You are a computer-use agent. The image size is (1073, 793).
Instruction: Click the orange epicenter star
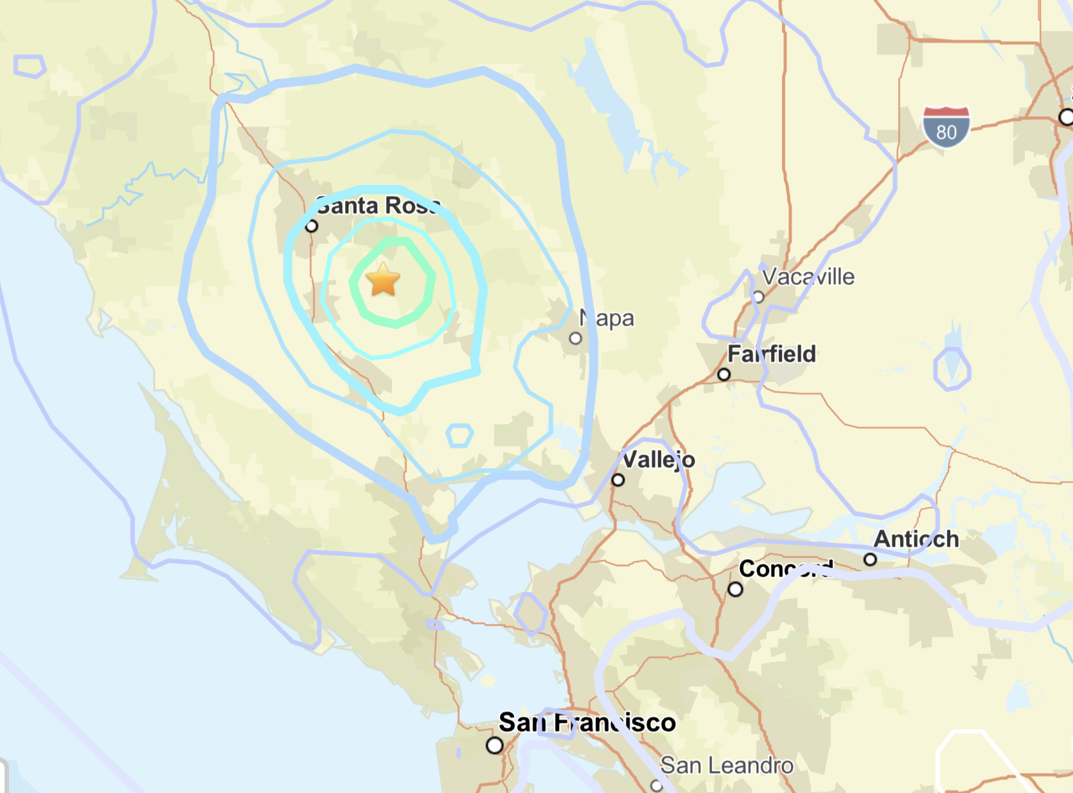(x=383, y=280)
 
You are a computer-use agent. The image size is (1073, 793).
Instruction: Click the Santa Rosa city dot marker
(x=312, y=226)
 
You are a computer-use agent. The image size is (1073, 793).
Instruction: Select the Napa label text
(x=607, y=318)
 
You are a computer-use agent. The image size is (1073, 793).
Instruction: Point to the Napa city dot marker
(x=576, y=338)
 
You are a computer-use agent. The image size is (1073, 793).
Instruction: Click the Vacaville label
(x=808, y=277)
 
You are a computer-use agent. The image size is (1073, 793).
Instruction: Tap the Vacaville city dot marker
(x=758, y=297)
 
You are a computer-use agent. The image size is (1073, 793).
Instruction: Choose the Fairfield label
(x=772, y=353)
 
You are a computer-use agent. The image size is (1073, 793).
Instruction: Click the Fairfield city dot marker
(x=724, y=374)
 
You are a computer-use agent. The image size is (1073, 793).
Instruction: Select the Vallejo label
(x=659, y=459)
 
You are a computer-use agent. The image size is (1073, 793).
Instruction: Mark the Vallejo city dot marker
(x=618, y=480)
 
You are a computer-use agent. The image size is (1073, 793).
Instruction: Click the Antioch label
(x=916, y=539)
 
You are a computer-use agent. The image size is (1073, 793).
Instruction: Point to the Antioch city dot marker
(x=870, y=559)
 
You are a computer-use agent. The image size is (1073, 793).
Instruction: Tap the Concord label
(x=786, y=569)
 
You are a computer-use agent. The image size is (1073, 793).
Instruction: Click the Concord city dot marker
(x=736, y=589)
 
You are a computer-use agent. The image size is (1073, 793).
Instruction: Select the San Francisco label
(x=587, y=722)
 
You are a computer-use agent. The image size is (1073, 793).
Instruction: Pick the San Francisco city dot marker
(x=495, y=745)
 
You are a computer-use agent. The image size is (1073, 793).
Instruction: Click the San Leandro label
(x=727, y=765)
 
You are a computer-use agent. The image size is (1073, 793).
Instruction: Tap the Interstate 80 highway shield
(x=946, y=127)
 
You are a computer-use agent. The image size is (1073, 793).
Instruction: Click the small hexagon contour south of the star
(x=460, y=436)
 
